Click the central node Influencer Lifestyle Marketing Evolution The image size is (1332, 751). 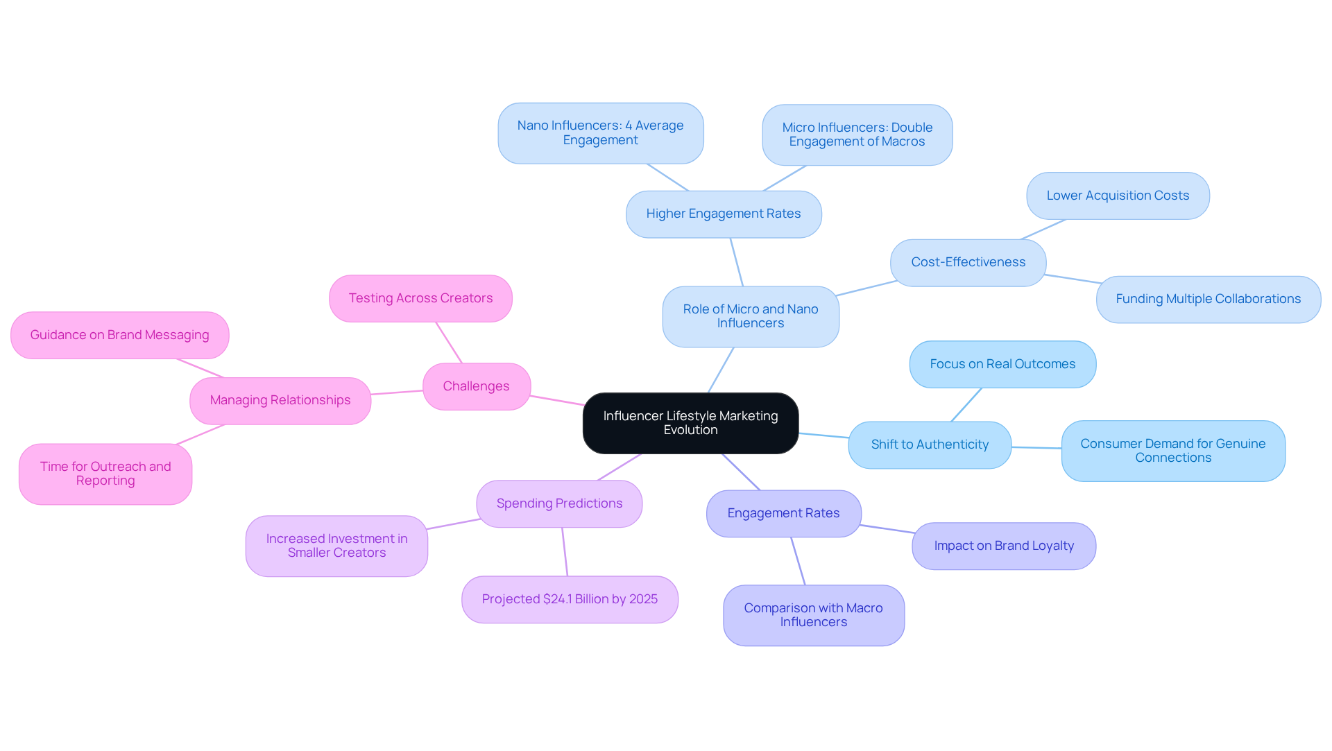690,423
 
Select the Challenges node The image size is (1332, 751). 477,386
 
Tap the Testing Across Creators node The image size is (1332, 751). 420,298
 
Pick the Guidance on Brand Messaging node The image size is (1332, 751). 119,335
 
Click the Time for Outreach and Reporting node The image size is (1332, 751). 105,474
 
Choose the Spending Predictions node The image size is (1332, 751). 559,503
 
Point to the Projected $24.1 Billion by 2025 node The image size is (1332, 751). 570,599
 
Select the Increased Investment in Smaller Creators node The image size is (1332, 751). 336,546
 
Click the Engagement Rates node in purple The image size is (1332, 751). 783,513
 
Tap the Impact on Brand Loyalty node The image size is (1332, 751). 1004,546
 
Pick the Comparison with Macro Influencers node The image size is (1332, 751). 813,615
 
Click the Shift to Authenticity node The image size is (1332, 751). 930,444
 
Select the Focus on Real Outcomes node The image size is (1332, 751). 1002,364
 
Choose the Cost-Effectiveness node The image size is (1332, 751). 968,262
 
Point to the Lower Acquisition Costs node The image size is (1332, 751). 1118,196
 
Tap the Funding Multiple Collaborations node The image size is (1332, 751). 1208,299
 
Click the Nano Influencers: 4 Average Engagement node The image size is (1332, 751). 600,132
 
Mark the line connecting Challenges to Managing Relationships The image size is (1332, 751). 397,392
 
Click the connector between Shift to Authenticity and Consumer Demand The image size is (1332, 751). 1036,448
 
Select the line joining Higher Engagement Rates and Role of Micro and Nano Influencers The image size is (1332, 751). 737,262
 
